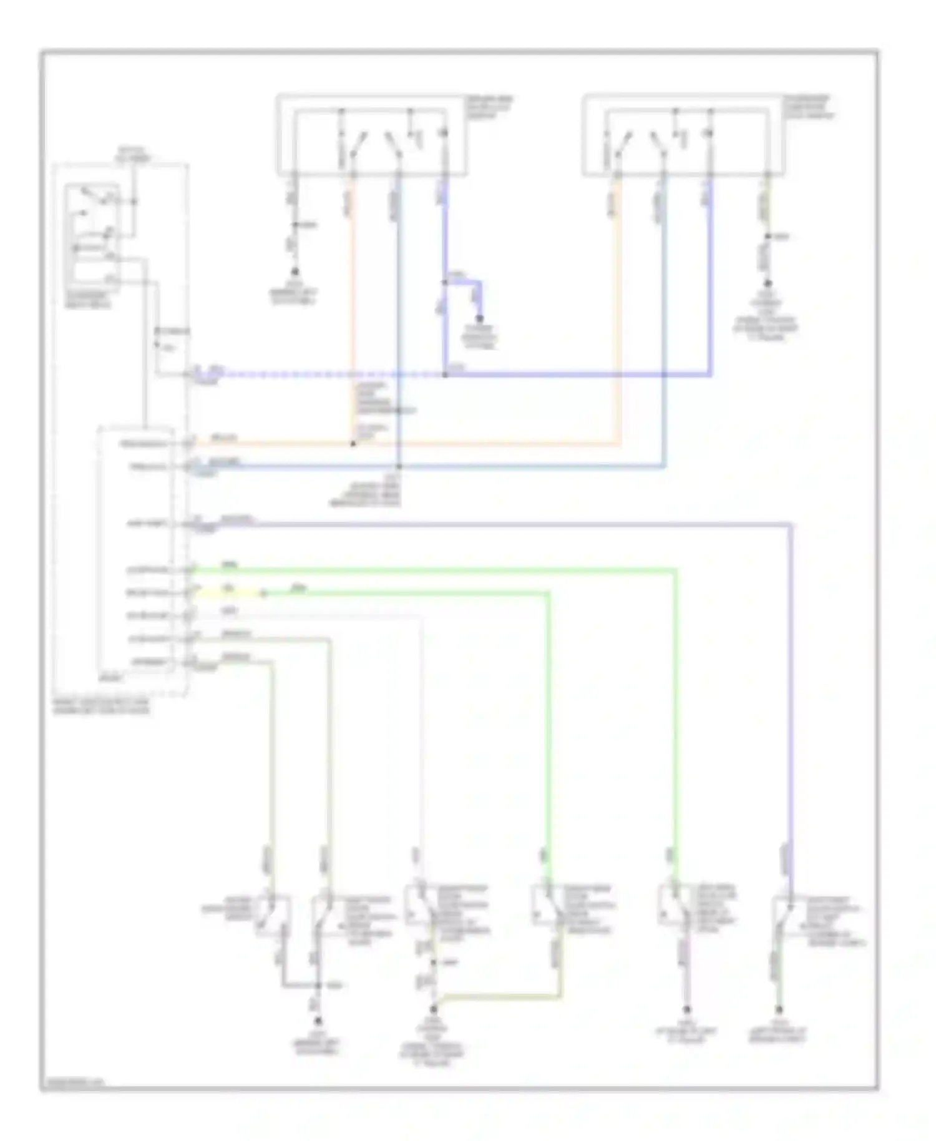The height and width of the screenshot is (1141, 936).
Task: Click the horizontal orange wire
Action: click(487, 444)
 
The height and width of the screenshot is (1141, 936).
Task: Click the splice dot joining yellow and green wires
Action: click(263, 594)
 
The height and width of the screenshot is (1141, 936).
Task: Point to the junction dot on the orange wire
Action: click(353, 444)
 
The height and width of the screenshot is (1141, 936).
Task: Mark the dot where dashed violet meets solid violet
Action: click(445, 375)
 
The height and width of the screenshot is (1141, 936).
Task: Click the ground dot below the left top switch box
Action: click(295, 273)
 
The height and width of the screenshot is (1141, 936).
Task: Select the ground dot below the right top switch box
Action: click(768, 283)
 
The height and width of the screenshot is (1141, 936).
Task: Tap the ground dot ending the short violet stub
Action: click(479, 319)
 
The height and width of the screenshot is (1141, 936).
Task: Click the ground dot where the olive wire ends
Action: click(433, 1009)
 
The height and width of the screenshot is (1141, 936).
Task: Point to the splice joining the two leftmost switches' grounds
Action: click(318, 986)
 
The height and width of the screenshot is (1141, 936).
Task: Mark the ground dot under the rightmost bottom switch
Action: click(779, 1009)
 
